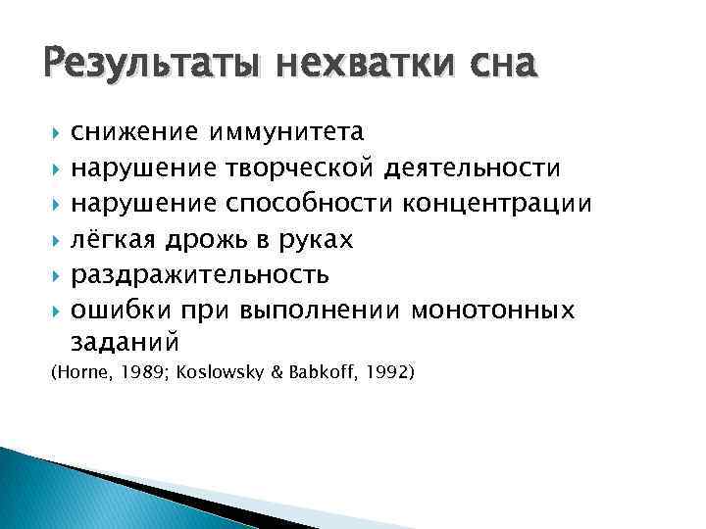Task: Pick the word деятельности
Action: tap(473, 168)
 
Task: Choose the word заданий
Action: tap(126, 343)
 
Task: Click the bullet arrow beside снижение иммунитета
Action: tap(54, 131)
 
